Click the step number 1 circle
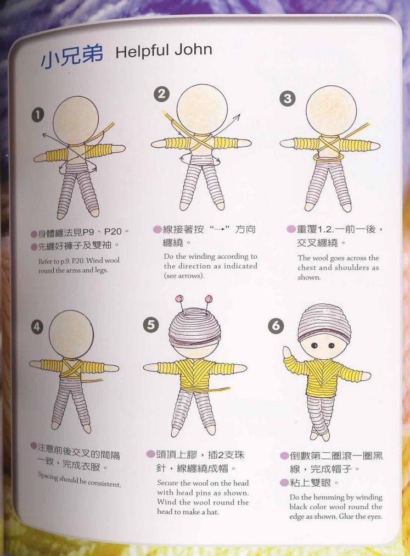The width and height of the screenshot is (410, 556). point(37,115)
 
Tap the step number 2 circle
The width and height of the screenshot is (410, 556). point(161,94)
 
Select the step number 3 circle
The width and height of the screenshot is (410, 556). point(288,98)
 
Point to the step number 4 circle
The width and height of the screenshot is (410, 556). point(37,326)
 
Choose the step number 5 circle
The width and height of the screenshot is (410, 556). point(151,325)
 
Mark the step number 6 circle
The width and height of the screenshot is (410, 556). point(276,326)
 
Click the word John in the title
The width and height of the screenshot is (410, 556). point(193,50)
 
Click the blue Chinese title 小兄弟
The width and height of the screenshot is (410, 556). point(71,55)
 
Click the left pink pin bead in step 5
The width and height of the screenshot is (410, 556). point(178,298)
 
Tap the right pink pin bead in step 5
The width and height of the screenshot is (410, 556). point(209,298)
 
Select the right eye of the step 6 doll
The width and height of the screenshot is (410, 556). point(332,345)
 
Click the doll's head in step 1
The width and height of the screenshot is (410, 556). point(76,120)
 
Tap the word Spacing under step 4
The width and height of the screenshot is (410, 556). point(47,476)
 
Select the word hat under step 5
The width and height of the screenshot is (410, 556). point(212,511)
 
